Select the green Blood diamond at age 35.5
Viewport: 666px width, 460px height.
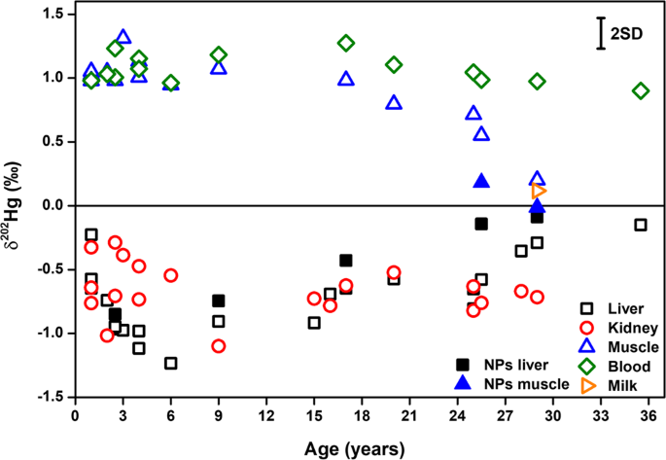tap(641, 90)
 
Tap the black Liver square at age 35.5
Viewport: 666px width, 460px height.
tap(641, 225)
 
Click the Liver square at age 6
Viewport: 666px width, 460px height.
tap(171, 363)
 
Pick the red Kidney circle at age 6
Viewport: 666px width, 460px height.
tap(171, 275)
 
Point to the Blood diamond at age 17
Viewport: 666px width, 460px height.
tap(346, 43)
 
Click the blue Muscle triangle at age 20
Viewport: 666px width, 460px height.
tap(394, 102)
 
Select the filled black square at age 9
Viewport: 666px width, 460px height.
tap(219, 301)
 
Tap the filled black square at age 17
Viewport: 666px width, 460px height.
tap(346, 260)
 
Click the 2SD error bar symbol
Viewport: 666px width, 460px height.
tap(601, 33)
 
